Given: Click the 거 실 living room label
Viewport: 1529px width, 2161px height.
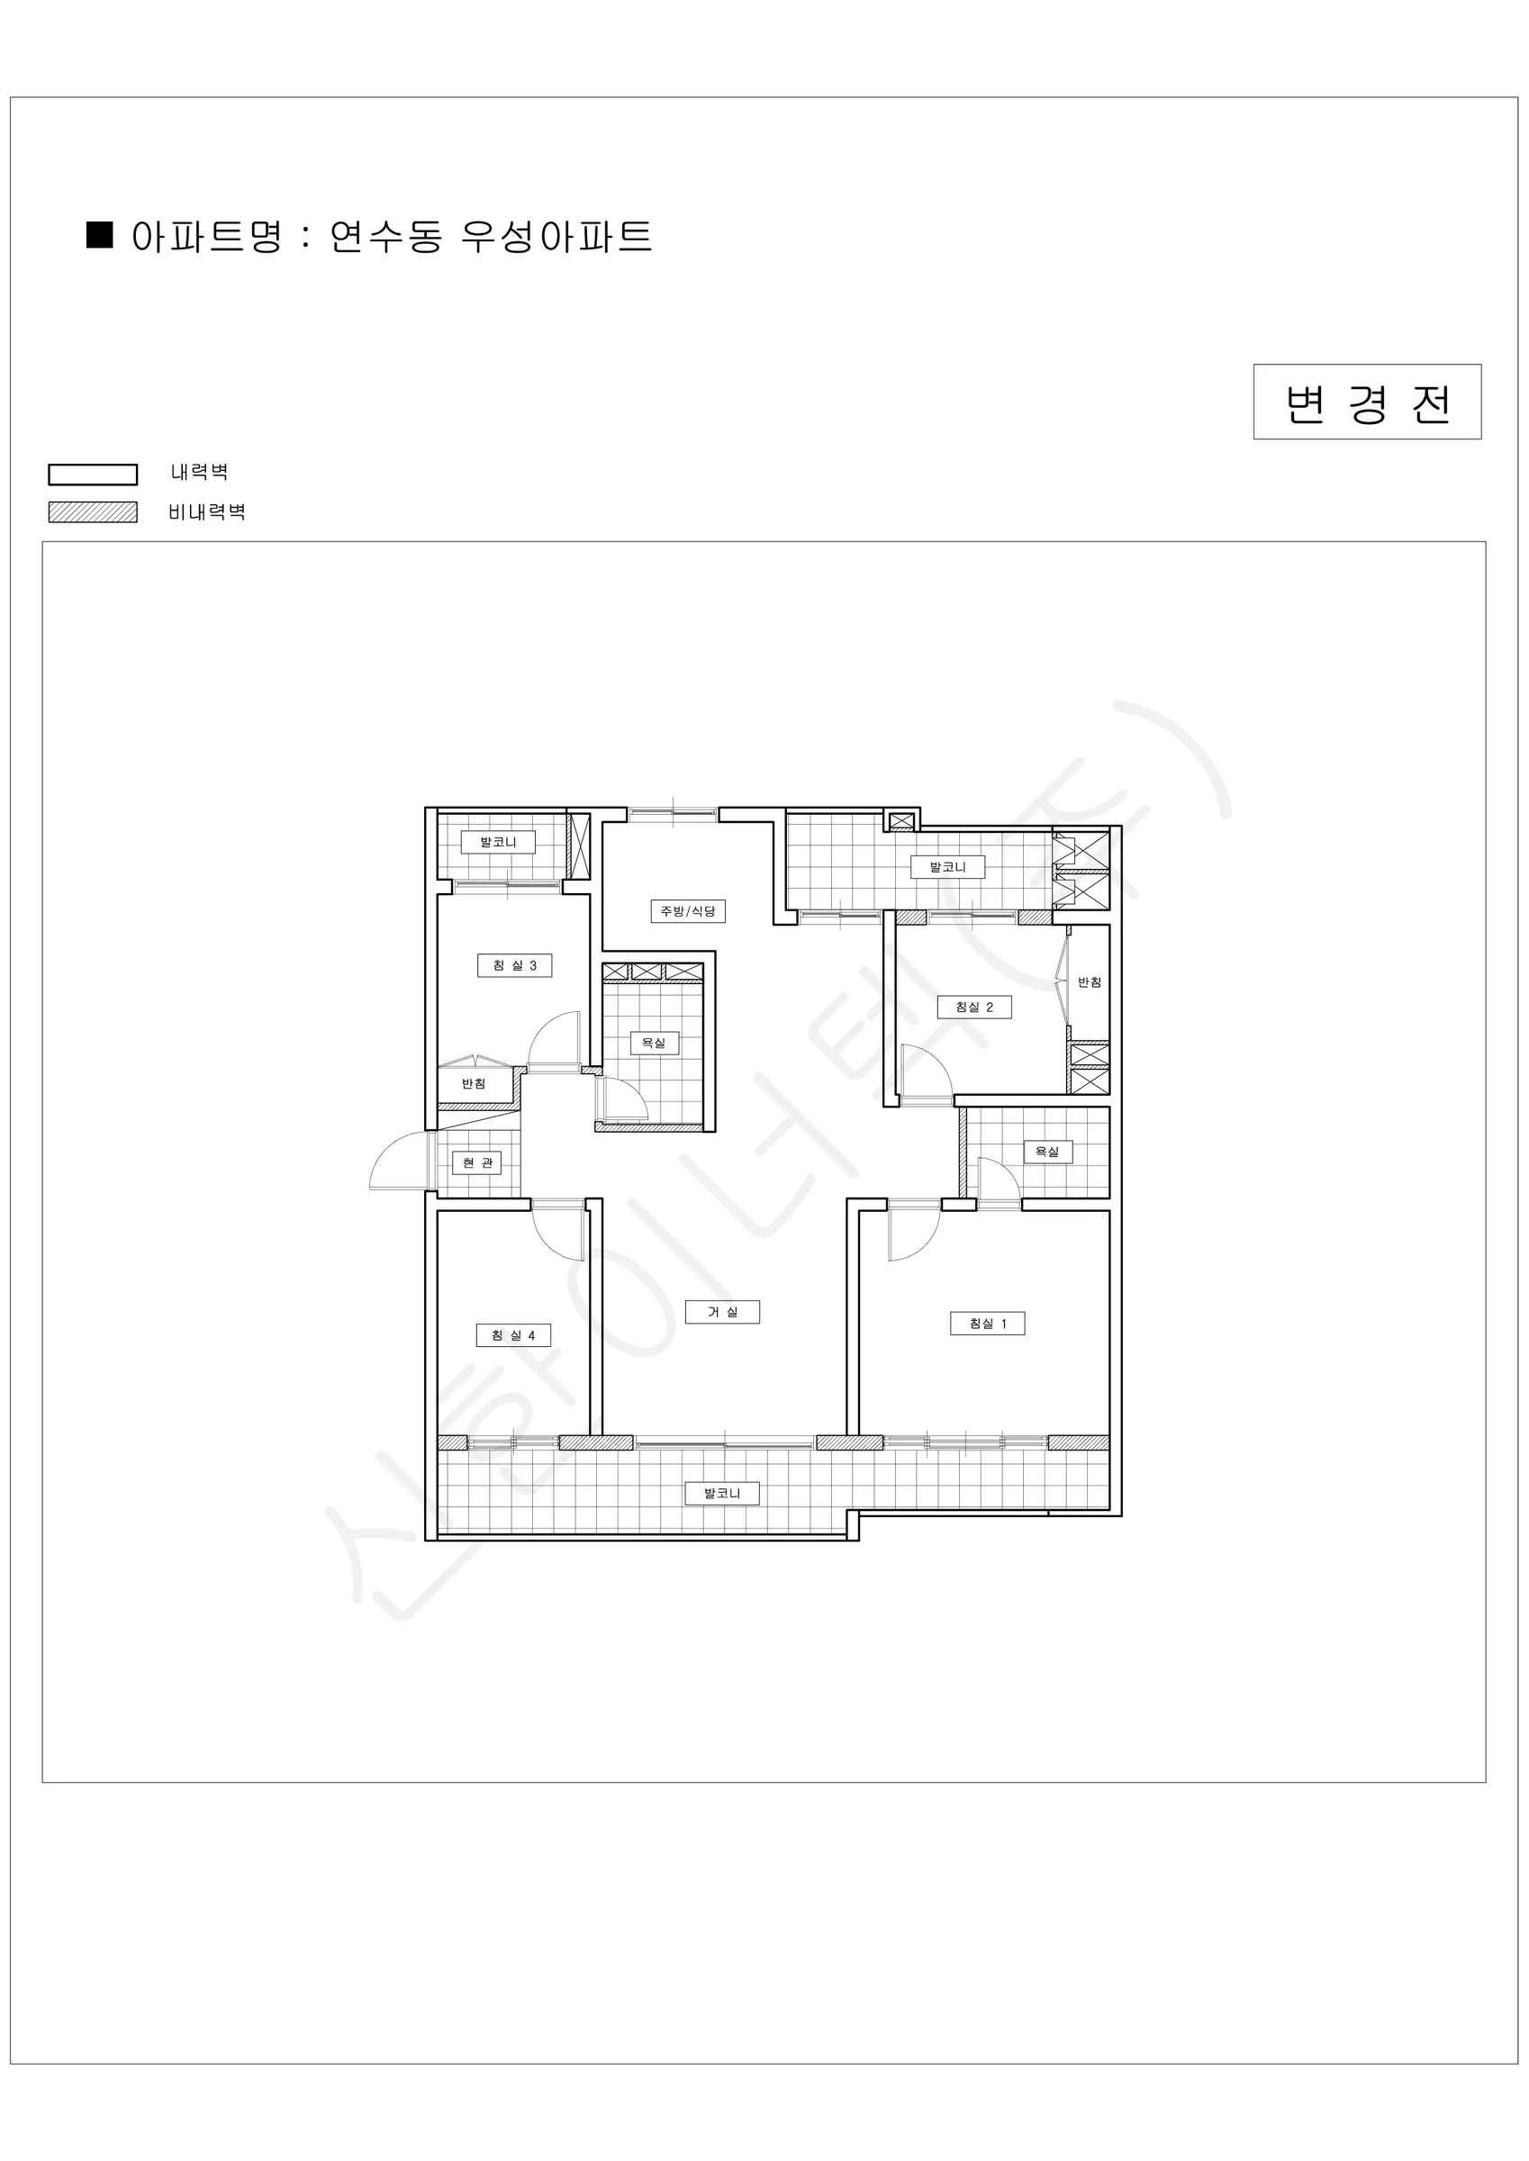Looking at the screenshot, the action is pyautogui.click(x=722, y=1312).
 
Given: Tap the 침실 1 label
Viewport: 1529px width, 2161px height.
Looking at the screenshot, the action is pyautogui.click(x=988, y=1324).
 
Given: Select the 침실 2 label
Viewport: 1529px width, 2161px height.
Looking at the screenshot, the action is pyautogui.click(x=974, y=1007).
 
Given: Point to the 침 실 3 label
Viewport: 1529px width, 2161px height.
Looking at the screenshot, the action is pyautogui.click(x=514, y=965).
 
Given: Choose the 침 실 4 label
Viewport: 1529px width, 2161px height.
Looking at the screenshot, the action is pyautogui.click(x=513, y=1335).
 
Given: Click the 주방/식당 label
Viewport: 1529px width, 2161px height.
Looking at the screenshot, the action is pyautogui.click(x=688, y=911).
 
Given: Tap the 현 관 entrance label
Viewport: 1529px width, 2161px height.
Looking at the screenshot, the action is pyautogui.click(x=477, y=1162).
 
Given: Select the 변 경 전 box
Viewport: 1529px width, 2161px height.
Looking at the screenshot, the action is pyautogui.click(x=1367, y=402).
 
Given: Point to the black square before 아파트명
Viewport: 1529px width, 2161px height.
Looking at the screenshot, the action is pyautogui.click(x=100, y=234).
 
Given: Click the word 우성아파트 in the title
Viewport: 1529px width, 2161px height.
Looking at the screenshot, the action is pyautogui.click(x=556, y=235).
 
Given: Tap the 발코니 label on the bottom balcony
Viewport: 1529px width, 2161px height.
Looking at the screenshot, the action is pyautogui.click(x=722, y=1493).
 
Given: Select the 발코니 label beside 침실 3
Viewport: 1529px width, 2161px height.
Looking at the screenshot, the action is pyautogui.click(x=498, y=841).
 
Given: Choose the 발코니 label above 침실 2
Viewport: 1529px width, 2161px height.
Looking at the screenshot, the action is pyautogui.click(x=948, y=867).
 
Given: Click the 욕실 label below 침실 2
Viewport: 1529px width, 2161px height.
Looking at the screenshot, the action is pyautogui.click(x=1047, y=1151).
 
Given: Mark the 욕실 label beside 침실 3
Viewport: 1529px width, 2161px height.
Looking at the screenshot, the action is pyautogui.click(x=654, y=1043).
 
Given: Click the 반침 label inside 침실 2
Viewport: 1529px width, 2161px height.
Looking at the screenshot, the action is pyautogui.click(x=1090, y=981).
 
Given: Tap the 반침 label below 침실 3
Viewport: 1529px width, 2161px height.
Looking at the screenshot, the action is pyautogui.click(x=474, y=1083).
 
